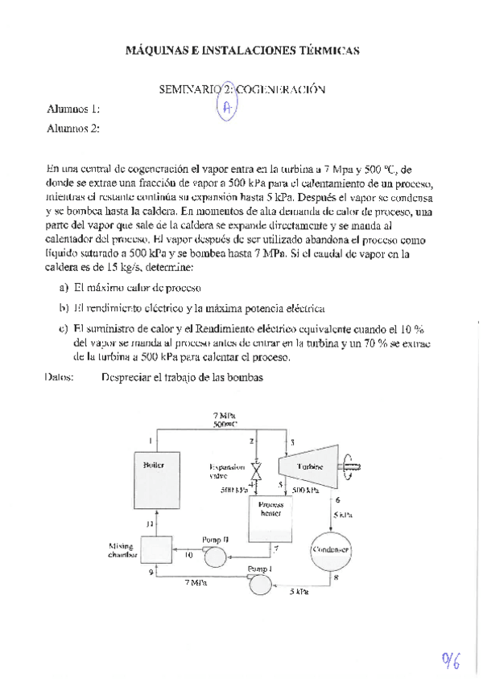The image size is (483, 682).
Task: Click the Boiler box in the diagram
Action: pos(155,483)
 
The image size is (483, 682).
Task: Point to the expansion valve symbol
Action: pos(256,471)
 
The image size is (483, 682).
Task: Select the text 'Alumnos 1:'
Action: pos(73,110)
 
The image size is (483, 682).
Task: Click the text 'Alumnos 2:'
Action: pos(73,128)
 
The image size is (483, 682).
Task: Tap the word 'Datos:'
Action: pos(61,376)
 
